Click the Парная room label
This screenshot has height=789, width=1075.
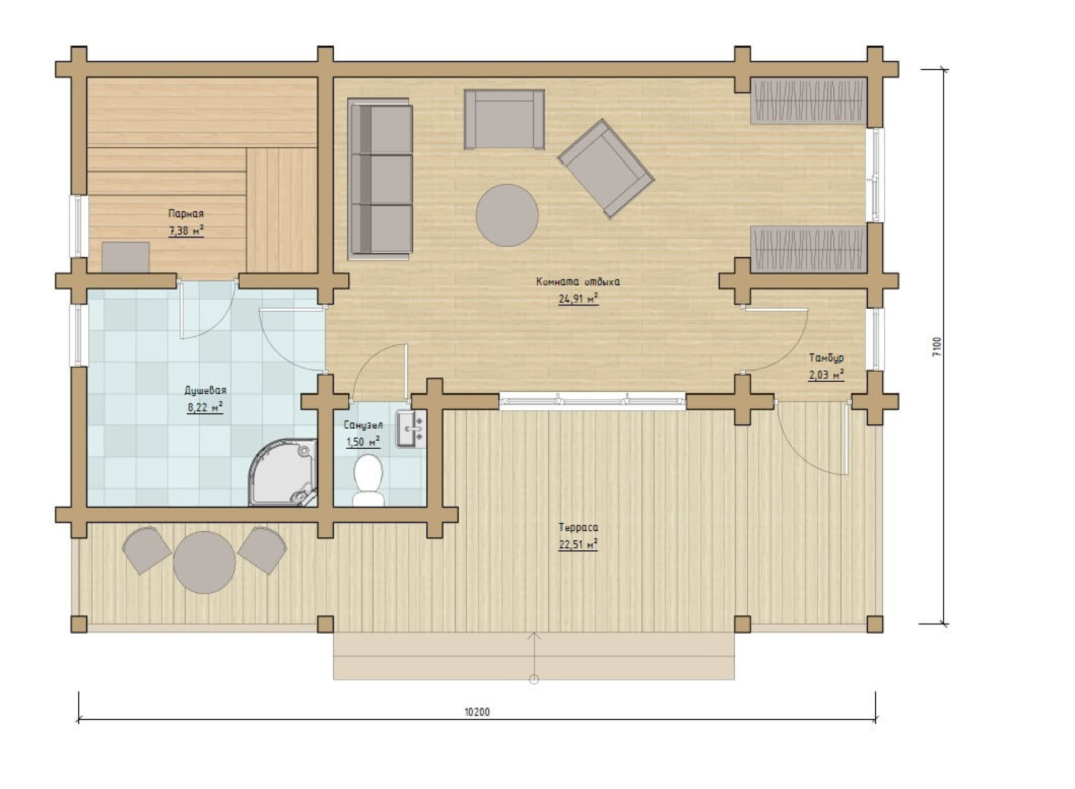[185, 214]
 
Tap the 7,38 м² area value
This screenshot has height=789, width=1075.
[186, 231]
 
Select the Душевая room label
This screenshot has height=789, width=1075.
[206, 390]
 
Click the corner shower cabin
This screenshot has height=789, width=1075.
[284, 472]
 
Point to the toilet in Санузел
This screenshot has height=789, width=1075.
[368, 480]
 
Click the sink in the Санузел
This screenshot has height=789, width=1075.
[411, 429]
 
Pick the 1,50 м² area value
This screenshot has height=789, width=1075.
[363, 441]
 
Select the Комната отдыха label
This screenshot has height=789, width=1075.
[578, 282]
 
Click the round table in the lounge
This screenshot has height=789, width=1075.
[507, 215]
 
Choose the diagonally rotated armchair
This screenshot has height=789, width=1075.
[606, 169]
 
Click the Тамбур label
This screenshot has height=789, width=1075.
[826, 358]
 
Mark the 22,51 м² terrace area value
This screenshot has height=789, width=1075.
[579, 545]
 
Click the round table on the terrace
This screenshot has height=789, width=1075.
[204, 562]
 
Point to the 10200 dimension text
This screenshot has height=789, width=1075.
[477, 712]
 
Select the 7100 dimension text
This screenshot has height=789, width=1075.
[937, 347]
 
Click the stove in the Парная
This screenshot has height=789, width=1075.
[126, 257]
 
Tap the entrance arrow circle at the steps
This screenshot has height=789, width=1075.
[534, 679]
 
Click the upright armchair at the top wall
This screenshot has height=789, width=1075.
[504, 119]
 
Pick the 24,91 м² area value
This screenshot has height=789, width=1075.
[579, 299]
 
